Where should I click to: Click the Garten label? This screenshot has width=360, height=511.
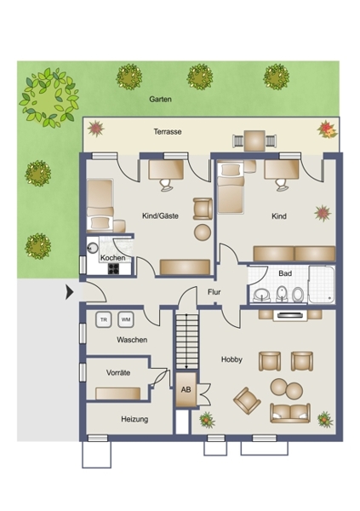tap(160, 99)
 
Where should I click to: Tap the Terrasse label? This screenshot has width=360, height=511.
tap(168, 132)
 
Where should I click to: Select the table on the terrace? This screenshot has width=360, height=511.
tap(254, 141)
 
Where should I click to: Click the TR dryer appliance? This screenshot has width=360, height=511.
tap(104, 319)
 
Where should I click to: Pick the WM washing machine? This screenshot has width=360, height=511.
tap(126, 319)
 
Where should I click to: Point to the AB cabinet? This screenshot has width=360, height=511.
tap(186, 389)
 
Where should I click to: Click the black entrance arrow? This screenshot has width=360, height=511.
tap(70, 292)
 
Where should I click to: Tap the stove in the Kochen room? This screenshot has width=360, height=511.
tap(113, 268)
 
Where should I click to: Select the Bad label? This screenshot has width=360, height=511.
tap(285, 273)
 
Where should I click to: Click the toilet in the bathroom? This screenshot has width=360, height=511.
tap(297, 295)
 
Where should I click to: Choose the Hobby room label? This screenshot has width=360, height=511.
tap(231, 359)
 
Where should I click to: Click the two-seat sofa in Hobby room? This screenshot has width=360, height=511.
tap(290, 413)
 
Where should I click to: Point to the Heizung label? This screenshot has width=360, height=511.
tap(134, 419)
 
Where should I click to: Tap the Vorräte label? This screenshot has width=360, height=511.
tap(118, 372)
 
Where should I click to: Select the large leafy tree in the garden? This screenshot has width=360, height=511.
tap(49, 97)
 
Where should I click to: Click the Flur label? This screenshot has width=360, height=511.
tap(214, 292)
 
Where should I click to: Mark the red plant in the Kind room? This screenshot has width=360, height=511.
tap(323, 214)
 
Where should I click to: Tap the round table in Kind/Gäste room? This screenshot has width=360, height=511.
tap(203, 233)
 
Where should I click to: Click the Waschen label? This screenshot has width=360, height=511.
tap(132, 340)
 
